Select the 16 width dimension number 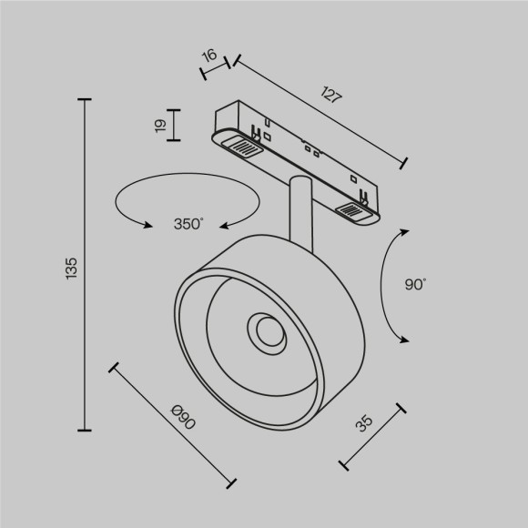209,56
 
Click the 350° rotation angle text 188,224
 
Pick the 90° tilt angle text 415,285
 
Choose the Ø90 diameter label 183,419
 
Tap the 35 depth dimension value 364,423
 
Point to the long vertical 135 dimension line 86,264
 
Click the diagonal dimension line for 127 319,112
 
